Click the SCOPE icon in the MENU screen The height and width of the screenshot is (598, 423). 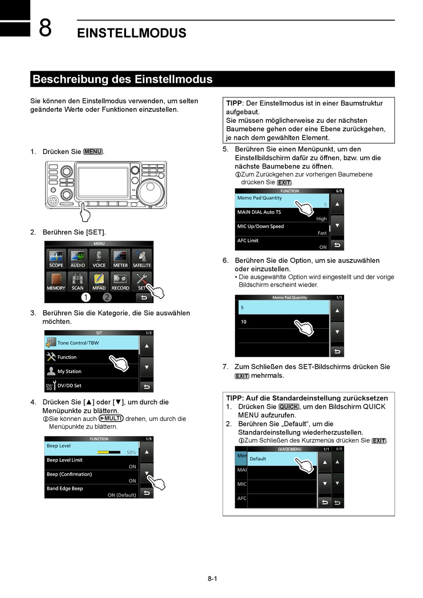56,259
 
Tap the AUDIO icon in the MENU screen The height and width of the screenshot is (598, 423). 77,259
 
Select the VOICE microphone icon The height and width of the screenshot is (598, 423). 99,259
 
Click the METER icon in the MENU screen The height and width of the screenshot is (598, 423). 120,259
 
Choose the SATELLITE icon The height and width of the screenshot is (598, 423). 142,259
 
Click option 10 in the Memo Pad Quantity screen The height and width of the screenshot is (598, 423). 267,322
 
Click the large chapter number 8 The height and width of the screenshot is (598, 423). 45,28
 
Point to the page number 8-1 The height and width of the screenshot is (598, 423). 212,579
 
